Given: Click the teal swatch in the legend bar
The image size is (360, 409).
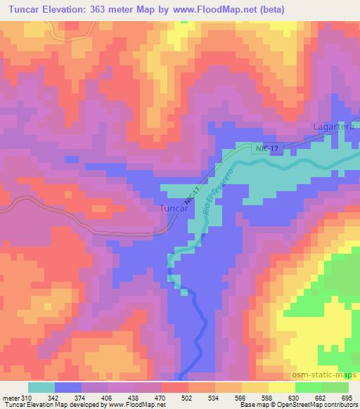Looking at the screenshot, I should pyautogui.click(x=41, y=387).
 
